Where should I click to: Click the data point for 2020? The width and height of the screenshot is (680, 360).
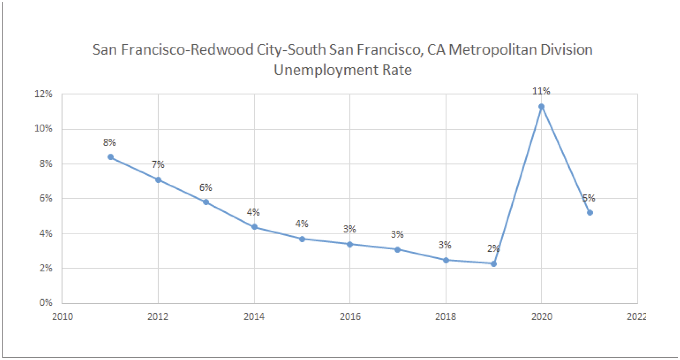pos(541,106)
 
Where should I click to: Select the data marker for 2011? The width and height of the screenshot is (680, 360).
pos(111,157)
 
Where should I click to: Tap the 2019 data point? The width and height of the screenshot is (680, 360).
pos(494,264)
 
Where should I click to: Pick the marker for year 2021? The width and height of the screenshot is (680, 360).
pos(590,213)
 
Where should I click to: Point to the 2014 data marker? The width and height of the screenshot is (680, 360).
pos(255,227)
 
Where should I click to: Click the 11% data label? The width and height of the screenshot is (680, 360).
pos(541,91)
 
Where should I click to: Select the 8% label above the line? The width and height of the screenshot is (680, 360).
pos(110,142)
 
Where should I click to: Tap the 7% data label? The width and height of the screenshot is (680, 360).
pos(158,165)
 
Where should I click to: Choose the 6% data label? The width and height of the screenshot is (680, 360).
pos(206,187)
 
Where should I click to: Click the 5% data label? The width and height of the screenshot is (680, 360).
pos(589,198)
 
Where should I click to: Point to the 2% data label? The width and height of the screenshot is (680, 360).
pos(493,248)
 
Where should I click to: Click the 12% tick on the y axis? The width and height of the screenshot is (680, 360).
pos(43,94)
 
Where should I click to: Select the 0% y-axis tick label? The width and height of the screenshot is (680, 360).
pos(46,303)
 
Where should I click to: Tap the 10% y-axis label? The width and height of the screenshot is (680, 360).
pos(43,129)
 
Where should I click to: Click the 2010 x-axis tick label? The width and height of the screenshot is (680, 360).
pos(62,317)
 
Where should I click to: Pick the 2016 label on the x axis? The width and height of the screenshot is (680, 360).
pos(350,317)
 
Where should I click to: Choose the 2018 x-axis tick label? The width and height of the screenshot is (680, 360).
pos(446,317)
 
